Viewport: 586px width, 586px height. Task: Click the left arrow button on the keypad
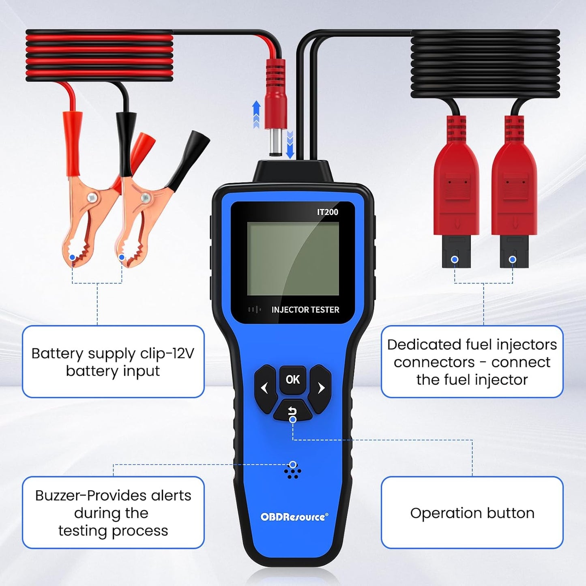pyautogui.click(x=265, y=389)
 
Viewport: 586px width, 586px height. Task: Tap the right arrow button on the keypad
pyautogui.click(x=321, y=389)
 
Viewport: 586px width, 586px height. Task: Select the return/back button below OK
pyautogui.click(x=292, y=411)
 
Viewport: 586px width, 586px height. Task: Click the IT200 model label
pyautogui.click(x=327, y=212)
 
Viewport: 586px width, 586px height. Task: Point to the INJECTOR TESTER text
pyautogui.click(x=305, y=310)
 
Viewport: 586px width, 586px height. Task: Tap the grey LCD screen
pyautogui.click(x=293, y=259)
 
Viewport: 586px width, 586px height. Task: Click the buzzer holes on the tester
pyautogui.click(x=292, y=471)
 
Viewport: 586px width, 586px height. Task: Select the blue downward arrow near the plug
pyautogui.click(x=290, y=145)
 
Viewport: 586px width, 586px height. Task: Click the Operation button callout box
pyautogui.click(x=472, y=513)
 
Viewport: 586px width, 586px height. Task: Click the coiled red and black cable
pyautogui.click(x=99, y=57)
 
